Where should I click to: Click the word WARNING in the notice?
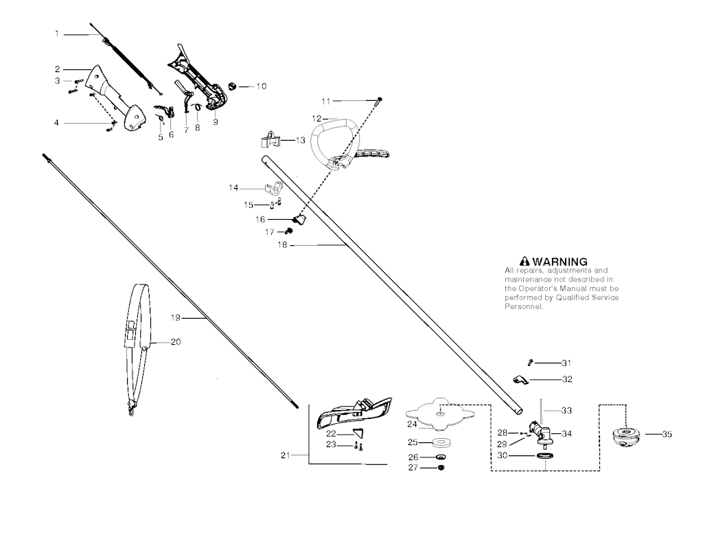(x=560, y=262)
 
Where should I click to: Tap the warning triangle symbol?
(x=525, y=262)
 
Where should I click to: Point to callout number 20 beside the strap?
(x=176, y=341)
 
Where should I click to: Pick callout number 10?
(x=261, y=87)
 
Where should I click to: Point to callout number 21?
(x=286, y=455)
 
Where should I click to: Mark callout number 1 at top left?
(x=58, y=33)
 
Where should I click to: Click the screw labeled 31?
(x=530, y=363)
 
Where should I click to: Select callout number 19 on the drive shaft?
(x=175, y=317)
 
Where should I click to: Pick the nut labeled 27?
(x=441, y=468)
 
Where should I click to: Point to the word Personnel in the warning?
(x=524, y=307)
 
